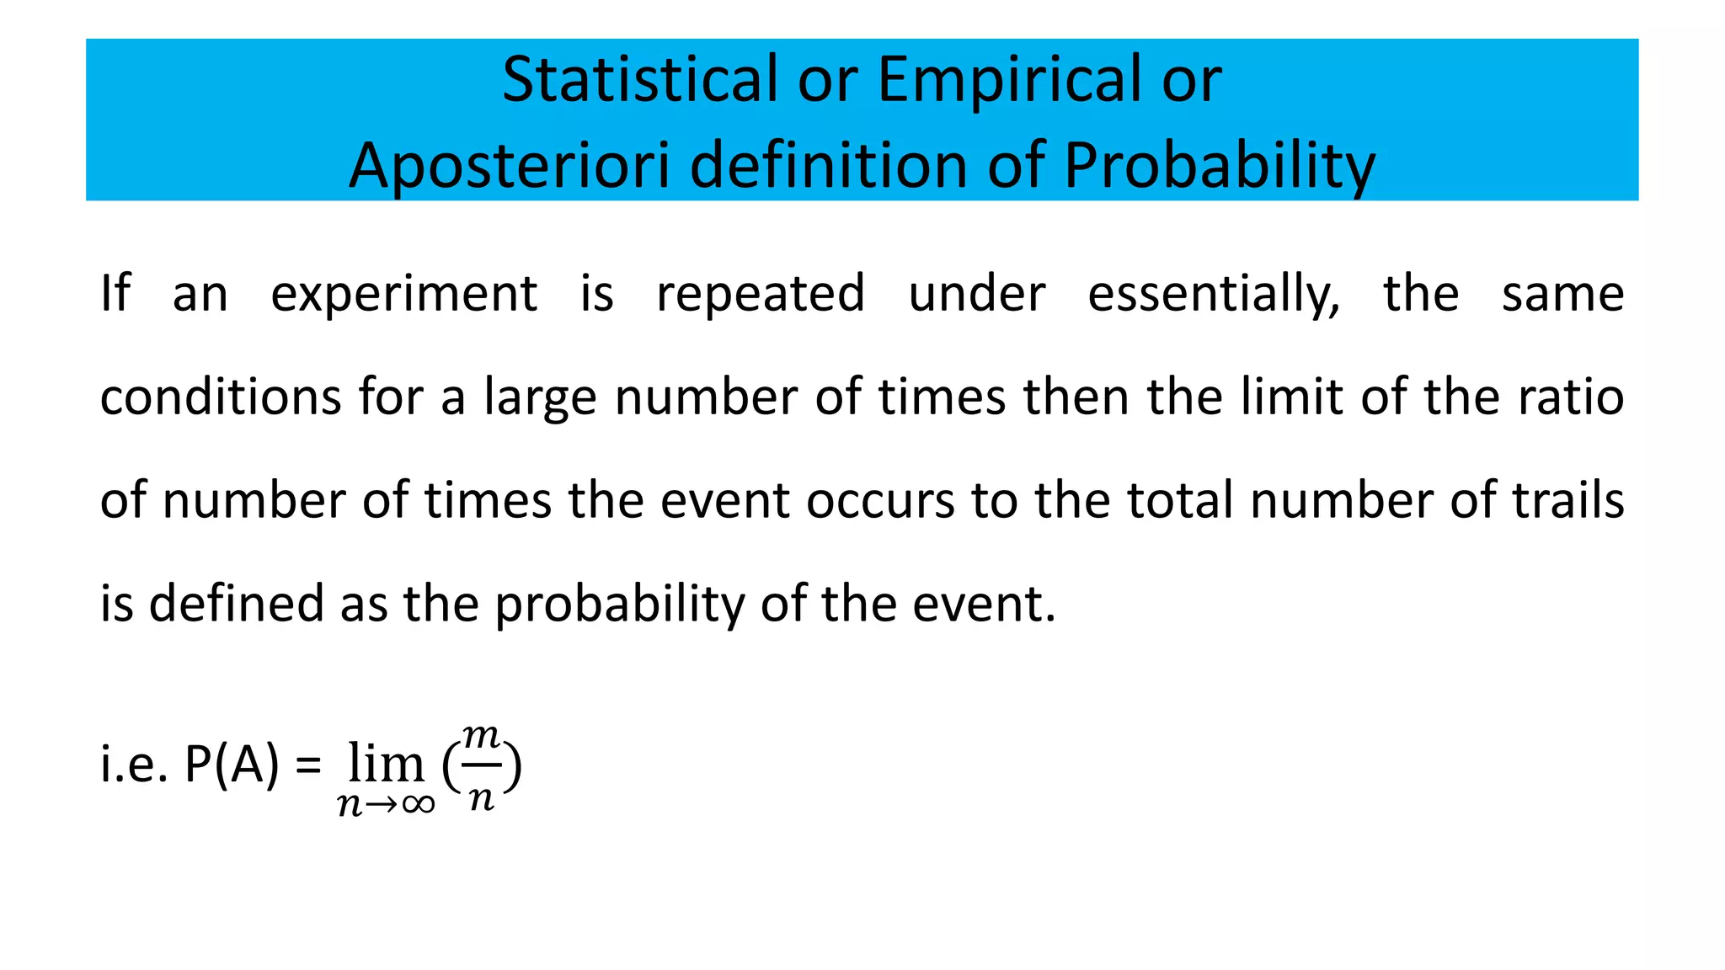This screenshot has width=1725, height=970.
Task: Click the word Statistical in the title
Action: point(639,79)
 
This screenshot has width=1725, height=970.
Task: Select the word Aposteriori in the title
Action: point(509,167)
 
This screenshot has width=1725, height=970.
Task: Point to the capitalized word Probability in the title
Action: point(1219,167)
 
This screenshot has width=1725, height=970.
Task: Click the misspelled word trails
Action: point(1567,500)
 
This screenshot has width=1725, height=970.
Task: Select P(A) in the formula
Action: point(231,765)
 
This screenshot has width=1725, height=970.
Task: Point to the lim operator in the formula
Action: point(386,764)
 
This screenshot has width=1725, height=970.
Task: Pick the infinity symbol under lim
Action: point(418,805)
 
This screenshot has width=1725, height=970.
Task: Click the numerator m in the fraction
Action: point(481,737)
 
